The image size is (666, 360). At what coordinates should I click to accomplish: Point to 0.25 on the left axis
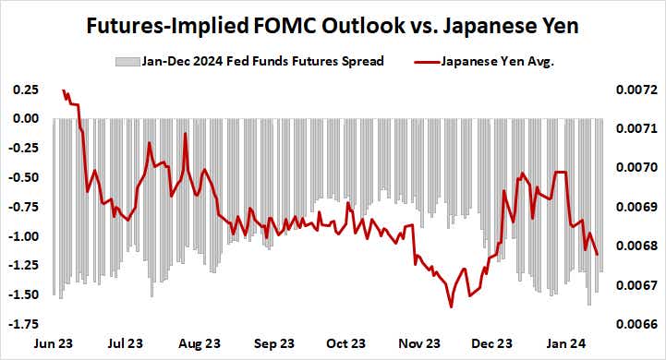(x=24, y=90)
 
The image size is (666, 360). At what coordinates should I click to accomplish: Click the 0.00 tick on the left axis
(x=24, y=119)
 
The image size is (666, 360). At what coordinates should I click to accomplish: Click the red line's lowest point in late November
(x=451, y=307)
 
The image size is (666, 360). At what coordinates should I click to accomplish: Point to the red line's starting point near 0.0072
(x=63, y=90)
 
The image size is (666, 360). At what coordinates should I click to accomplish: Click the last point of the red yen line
(x=598, y=255)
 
